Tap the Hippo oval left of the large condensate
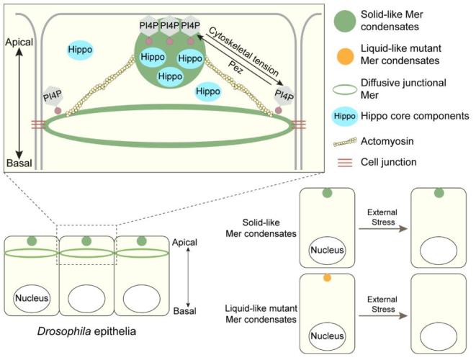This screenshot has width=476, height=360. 80,49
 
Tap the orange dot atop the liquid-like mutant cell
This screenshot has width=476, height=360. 328,276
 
